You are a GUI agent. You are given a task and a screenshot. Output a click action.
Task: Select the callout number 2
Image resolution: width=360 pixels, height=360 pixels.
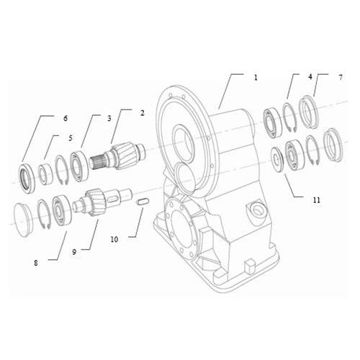coord(143,113)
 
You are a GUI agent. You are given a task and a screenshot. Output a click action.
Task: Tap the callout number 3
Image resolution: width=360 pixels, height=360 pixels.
coord(109,117)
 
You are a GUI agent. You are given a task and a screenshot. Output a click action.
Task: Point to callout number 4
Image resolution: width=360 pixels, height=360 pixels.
coord(310,76)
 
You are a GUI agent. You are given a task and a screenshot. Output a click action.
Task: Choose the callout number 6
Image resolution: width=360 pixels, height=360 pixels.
coord(65,118)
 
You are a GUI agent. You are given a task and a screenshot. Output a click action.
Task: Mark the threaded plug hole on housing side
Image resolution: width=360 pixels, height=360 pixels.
coord(255,211)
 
